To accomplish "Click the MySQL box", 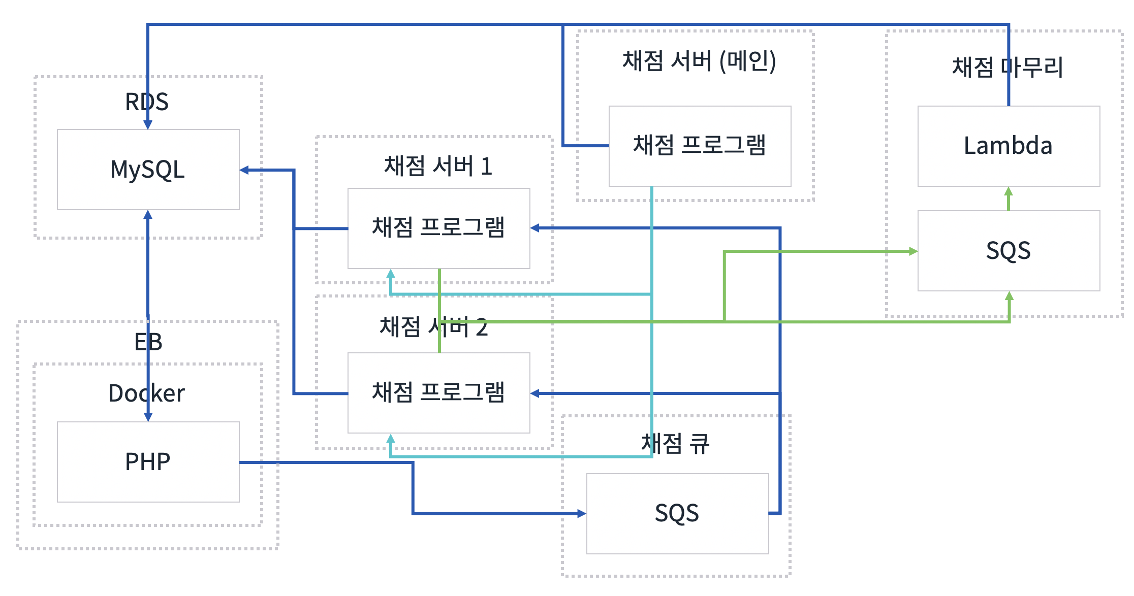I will (148, 170).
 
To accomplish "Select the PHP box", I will (148, 461).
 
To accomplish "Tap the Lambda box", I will (1009, 146).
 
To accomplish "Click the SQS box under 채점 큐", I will (677, 513).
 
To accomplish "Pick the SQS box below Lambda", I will (1009, 251).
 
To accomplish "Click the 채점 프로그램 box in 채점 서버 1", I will (438, 228).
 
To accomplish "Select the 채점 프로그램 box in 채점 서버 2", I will (438, 393).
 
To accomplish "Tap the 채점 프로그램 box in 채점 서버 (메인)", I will (700, 146).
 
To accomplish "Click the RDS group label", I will (147, 102).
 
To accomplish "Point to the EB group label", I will (148, 342).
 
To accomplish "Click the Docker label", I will (147, 393).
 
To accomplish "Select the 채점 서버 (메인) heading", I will (699, 61).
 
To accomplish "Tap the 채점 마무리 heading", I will (1007, 68).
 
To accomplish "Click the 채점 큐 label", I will (675, 444).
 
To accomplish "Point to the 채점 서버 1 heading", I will (438, 167).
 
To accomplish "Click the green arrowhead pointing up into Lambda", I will (1009, 192).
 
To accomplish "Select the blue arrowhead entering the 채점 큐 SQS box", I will (581, 514).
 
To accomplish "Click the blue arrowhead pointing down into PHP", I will (148, 417).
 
